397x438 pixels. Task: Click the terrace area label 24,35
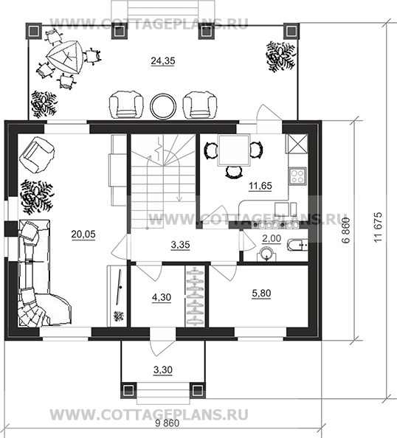coord(163,60)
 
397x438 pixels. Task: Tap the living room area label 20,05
coord(83,234)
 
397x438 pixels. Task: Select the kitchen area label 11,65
coord(260,186)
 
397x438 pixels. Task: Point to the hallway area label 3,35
coord(180,245)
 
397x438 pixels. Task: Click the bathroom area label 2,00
coord(272,239)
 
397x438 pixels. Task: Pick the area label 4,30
coord(162,297)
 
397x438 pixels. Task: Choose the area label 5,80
coord(261,293)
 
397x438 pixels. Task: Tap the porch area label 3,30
coord(163,370)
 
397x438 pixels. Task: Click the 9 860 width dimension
coord(168,423)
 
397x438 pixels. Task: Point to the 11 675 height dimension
coord(377,227)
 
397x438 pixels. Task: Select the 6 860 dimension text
coord(346,231)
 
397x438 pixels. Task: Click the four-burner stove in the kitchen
coord(297,176)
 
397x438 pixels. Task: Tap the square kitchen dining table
coord(234,150)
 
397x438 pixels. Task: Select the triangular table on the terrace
coord(65,57)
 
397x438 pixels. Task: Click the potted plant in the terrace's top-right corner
coord(280,57)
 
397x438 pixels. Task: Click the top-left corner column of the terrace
coord(34,31)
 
